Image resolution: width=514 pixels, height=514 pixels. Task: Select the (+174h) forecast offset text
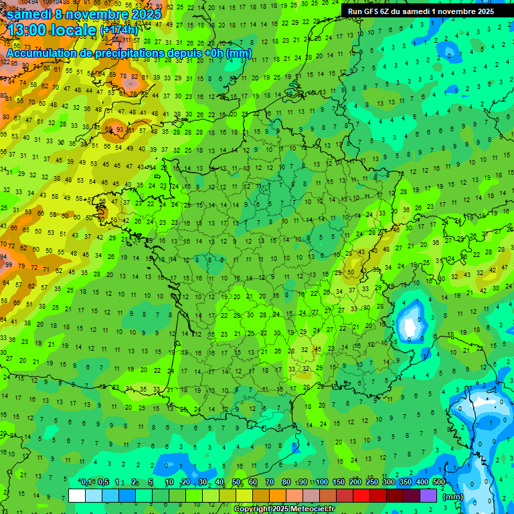119,30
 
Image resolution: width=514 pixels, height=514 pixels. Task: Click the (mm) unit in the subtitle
239,53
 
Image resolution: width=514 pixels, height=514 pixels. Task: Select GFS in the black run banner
373,11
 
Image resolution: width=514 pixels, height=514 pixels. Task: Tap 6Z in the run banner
390,11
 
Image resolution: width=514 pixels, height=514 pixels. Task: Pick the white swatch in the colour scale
77,496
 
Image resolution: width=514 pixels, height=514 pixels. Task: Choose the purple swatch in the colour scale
428,496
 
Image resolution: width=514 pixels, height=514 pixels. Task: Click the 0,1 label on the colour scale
86,482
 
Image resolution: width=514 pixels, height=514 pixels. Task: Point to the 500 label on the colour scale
439,482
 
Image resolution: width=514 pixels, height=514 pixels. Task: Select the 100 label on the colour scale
322,482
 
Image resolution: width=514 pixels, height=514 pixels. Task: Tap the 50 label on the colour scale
236,482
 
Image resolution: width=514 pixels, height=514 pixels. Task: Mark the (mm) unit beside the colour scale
453,497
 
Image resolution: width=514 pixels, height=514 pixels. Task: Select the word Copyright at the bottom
252,509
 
